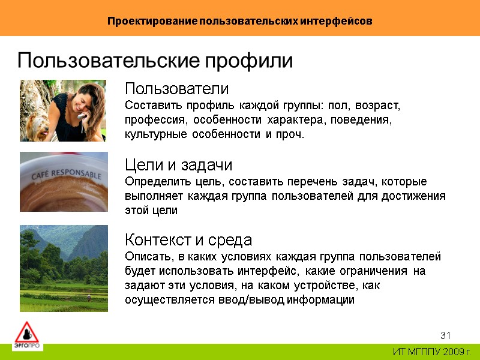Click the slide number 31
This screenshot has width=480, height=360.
pos(445,335)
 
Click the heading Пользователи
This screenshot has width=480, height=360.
pos(176,89)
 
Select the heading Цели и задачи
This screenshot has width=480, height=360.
pos(178,165)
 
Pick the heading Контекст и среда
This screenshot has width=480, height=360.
pos(188,241)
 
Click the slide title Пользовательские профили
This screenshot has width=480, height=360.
pos(155,61)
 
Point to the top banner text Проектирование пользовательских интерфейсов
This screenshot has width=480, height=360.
pos(240,21)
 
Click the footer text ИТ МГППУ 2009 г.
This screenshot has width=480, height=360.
pos(432,352)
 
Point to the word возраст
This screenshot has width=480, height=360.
pos(379,106)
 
